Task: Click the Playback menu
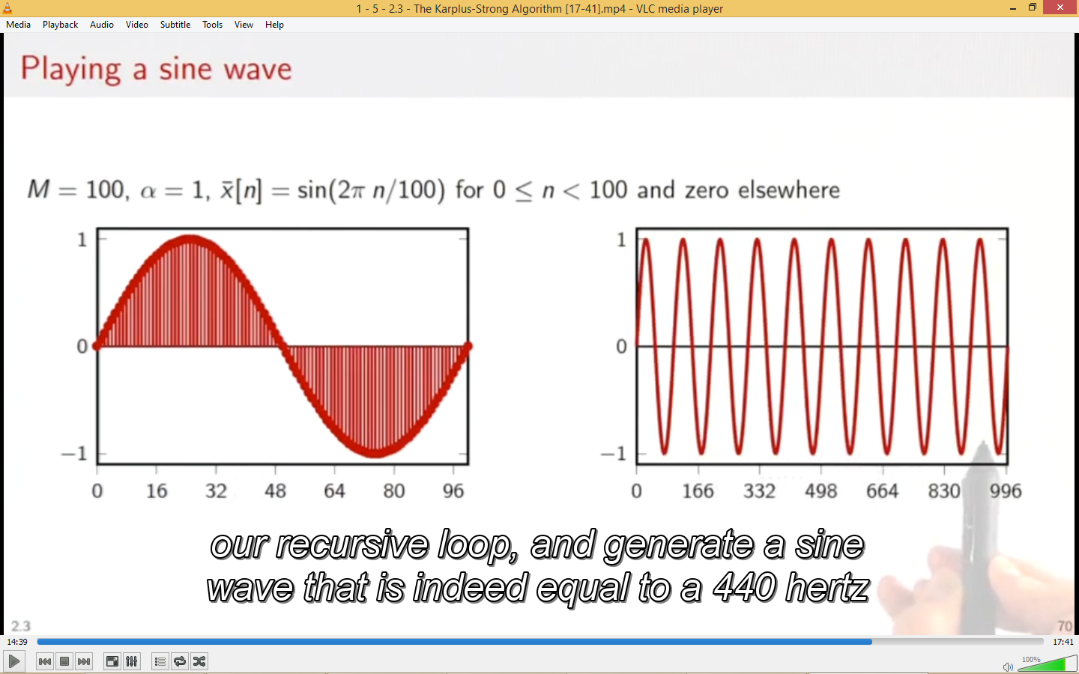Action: tap(60, 25)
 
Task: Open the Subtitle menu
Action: tap(175, 25)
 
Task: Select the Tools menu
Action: tap(213, 25)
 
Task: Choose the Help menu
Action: tap(274, 25)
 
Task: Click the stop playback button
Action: tap(64, 661)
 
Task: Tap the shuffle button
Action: tap(199, 661)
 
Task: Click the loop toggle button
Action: tap(180, 661)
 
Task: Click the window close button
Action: tap(1060, 7)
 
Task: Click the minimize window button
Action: tap(1013, 7)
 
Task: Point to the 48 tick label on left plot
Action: tap(275, 491)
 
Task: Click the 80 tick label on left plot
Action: tap(394, 491)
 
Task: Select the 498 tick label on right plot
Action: tap(820, 491)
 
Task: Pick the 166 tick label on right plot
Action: tap(698, 491)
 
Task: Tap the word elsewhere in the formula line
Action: tap(789, 190)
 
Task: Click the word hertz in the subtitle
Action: tap(826, 588)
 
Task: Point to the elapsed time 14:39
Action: tap(17, 642)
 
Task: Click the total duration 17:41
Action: tap(1063, 642)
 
